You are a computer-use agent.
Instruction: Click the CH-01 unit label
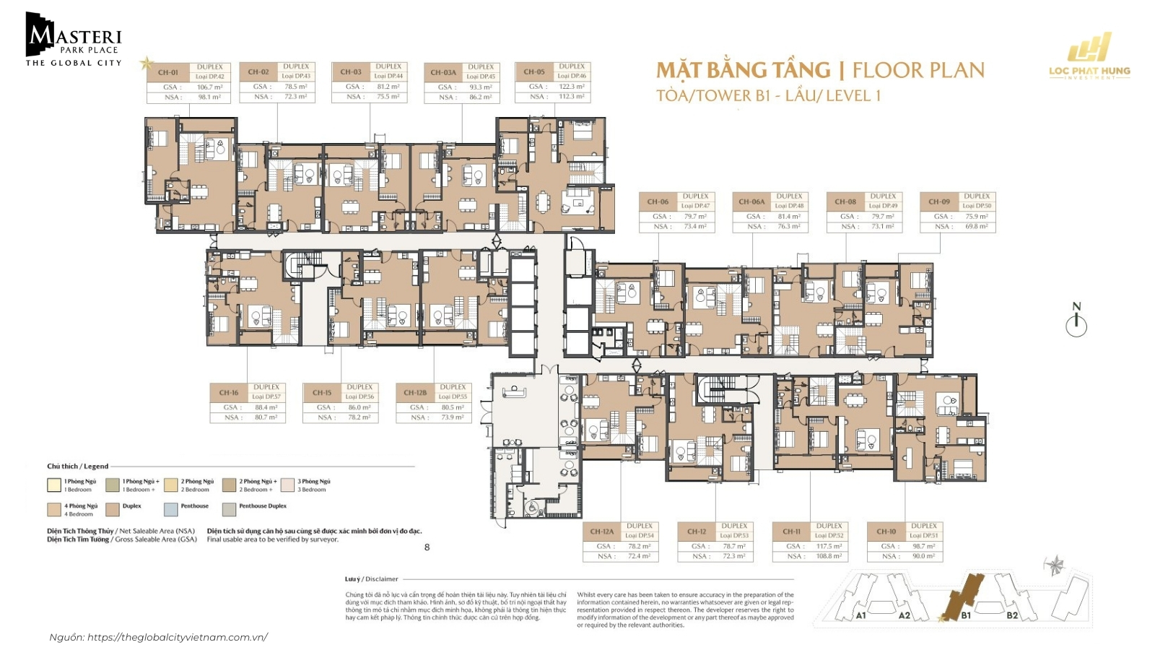[168, 72]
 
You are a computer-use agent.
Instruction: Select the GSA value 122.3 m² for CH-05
[572, 87]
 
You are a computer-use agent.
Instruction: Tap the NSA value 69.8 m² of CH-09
[976, 227]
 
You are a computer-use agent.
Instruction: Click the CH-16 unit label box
[229, 393]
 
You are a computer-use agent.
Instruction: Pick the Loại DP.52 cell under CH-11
[829, 536]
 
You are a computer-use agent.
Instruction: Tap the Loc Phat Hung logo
[1089, 56]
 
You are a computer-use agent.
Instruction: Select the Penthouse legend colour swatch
[170, 509]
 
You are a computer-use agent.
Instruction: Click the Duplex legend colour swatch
[113, 509]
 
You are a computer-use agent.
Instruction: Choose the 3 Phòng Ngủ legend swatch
[287, 485]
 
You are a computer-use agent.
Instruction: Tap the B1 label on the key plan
[966, 615]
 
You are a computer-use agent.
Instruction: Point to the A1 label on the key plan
[860, 615]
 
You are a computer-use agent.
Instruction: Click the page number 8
[427, 547]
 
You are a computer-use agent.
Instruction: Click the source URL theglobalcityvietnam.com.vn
[177, 637]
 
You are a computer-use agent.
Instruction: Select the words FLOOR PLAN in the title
[918, 70]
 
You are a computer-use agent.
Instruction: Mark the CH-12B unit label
[415, 393]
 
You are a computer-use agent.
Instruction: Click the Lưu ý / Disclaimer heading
[372, 578]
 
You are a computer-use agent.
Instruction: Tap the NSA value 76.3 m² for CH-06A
[788, 227]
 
